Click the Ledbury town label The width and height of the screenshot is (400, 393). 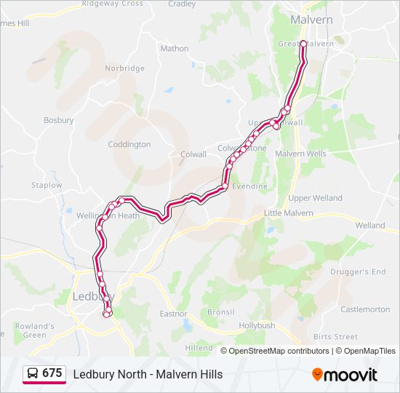[x=92, y=296]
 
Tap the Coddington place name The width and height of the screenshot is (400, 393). [x=129, y=144]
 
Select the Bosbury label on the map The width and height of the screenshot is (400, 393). [x=59, y=120]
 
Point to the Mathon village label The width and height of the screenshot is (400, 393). [x=175, y=49]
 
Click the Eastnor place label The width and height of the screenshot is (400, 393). [x=173, y=314]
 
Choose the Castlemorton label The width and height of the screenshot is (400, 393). [x=365, y=309]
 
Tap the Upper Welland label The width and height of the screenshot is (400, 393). [x=315, y=198]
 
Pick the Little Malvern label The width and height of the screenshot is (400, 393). [x=289, y=213]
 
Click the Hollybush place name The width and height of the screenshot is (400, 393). [x=257, y=325]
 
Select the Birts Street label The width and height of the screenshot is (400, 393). [x=335, y=337]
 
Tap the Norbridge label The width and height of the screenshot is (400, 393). [x=124, y=68]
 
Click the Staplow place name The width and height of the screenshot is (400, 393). [x=47, y=186]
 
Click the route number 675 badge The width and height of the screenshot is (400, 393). [x=52, y=373]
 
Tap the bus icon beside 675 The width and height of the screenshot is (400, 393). [x=33, y=373]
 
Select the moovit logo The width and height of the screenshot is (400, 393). [x=345, y=375]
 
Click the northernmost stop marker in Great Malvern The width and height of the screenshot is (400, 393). [x=303, y=44]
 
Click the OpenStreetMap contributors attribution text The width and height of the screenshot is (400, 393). [x=279, y=351]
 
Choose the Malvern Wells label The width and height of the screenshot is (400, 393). [x=300, y=154]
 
